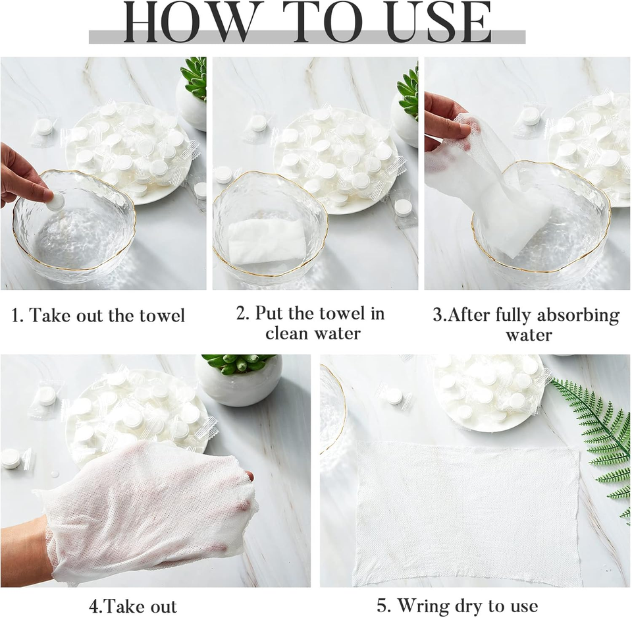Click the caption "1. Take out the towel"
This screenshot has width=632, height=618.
tap(98, 315)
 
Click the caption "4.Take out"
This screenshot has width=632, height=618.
tap(133, 606)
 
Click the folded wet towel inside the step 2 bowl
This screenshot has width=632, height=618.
tap(267, 241)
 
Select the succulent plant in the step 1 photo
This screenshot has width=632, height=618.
tap(195, 78)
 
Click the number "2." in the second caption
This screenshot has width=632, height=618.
tap(243, 314)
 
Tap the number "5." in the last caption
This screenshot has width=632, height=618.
tap(384, 606)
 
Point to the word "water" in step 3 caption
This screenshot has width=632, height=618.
tap(529, 335)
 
